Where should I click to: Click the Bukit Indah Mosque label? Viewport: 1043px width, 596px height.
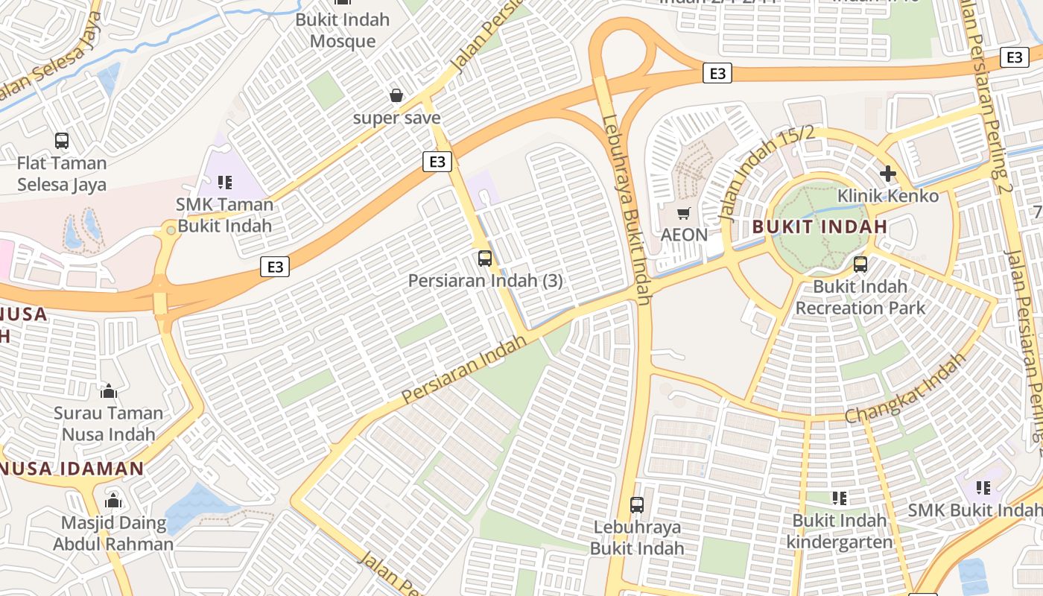click(x=343, y=30)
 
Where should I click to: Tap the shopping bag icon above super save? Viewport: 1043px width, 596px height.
click(x=396, y=95)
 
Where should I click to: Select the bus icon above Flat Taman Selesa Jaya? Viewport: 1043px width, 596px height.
click(x=62, y=140)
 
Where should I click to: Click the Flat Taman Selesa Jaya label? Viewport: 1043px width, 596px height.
click(x=62, y=174)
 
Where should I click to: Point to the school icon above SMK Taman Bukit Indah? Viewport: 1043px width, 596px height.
click(x=225, y=182)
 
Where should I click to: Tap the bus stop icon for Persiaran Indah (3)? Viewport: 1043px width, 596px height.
click(x=485, y=259)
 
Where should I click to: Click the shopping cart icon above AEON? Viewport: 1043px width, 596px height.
click(x=684, y=213)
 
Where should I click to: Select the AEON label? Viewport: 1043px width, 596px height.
click(x=684, y=235)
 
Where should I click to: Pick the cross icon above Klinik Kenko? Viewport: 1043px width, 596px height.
click(x=887, y=174)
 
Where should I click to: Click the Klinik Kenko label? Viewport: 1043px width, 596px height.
click(x=888, y=196)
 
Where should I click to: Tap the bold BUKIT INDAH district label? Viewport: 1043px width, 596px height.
click(x=819, y=226)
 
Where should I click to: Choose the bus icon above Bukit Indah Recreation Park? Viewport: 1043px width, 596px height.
click(x=860, y=264)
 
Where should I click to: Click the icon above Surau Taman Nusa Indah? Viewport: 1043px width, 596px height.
click(x=109, y=390)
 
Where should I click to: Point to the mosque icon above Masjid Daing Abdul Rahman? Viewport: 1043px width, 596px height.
click(x=113, y=500)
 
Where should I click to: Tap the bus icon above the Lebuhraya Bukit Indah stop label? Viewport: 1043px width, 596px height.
click(x=637, y=504)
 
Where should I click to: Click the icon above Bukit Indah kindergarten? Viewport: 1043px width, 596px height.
click(x=840, y=498)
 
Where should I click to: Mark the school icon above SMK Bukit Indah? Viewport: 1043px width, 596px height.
click(x=983, y=488)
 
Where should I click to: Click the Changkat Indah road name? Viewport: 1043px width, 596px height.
click(x=905, y=388)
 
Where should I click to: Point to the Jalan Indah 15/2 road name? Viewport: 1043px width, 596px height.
click(x=766, y=174)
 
